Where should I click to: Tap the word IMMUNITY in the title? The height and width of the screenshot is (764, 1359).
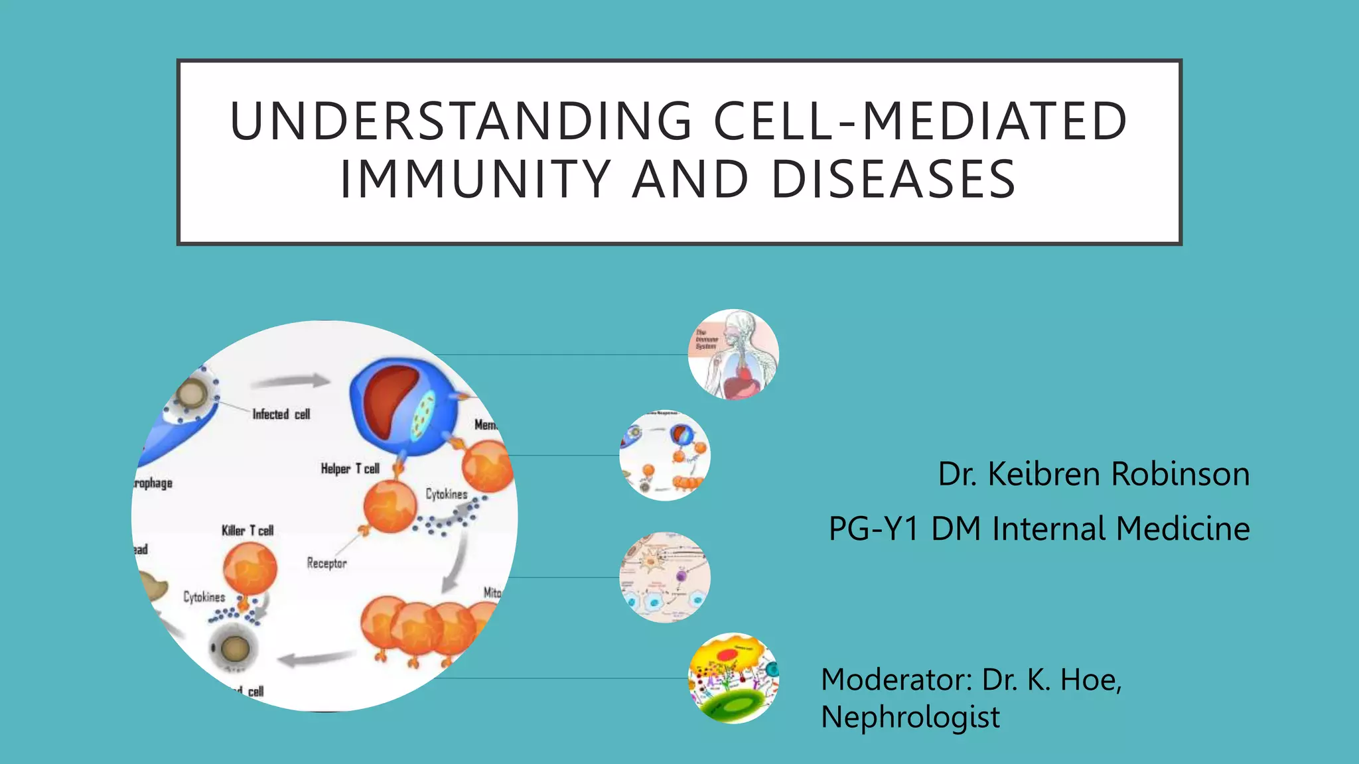(475, 180)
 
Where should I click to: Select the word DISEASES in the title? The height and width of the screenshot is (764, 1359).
(893, 180)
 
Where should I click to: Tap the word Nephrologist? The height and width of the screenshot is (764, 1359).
(910, 718)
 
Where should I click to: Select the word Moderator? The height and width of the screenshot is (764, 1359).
(897, 680)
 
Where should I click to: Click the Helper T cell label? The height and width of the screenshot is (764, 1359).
(350, 469)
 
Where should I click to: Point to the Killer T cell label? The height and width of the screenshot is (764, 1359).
(247, 531)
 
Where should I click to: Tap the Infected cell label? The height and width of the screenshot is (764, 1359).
(281, 414)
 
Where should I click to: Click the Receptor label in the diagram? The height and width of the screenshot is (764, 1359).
(326, 563)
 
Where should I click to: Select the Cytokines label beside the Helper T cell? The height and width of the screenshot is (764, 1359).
(446, 494)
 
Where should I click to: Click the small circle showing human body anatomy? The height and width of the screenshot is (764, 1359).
(733, 354)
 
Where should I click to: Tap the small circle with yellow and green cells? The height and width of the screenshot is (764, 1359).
(733, 678)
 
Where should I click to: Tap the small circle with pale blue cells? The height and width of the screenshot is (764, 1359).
(664, 577)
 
